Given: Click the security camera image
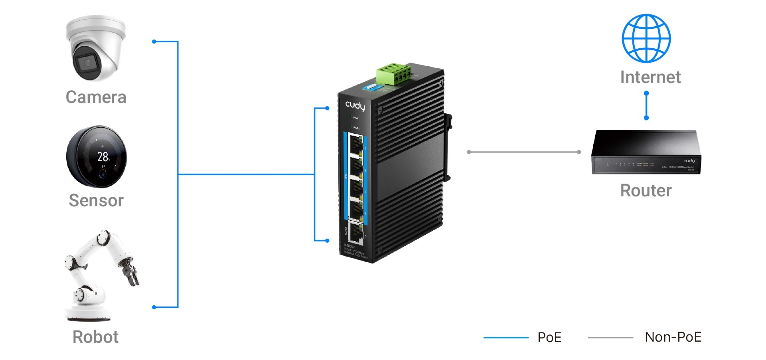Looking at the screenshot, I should pyautogui.click(x=96, y=48).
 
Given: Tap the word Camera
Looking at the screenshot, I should pyautogui.click(x=96, y=97).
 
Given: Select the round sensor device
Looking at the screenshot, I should pyautogui.click(x=97, y=156).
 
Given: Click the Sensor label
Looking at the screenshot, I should pyautogui.click(x=96, y=200).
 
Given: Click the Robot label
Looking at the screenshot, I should pyautogui.click(x=95, y=337).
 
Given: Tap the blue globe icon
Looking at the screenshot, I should pyautogui.click(x=646, y=38).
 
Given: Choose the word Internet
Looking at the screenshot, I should pyautogui.click(x=650, y=77).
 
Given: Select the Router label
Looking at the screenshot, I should pyautogui.click(x=646, y=191).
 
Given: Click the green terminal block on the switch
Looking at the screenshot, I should pyautogui.click(x=393, y=73).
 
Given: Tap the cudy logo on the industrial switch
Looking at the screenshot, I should pyautogui.click(x=355, y=106).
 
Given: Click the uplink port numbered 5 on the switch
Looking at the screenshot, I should pyautogui.click(x=355, y=233).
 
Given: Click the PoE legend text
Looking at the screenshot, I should pyautogui.click(x=549, y=338).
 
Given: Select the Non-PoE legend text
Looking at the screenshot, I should pyautogui.click(x=673, y=337).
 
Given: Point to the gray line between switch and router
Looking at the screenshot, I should pyautogui.click(x=523, y=152).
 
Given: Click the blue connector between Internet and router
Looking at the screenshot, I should pyautogui.click(x=646, y=106).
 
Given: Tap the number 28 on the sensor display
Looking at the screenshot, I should pyautogui.click(x=103, y=156).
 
